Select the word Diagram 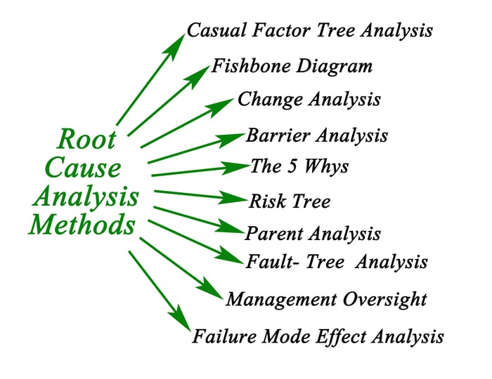tap(334, 67)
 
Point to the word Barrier tap(278, 135)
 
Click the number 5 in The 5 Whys tap(292, 166)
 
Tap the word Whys tap(326, 167)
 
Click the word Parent tap(274, 233)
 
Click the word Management tap(281, 300)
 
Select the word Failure tap(225, 336)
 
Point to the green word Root tap(86, 139)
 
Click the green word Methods tap(82, 224)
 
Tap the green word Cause tap(83, 168)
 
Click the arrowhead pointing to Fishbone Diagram tap(198, 76)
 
